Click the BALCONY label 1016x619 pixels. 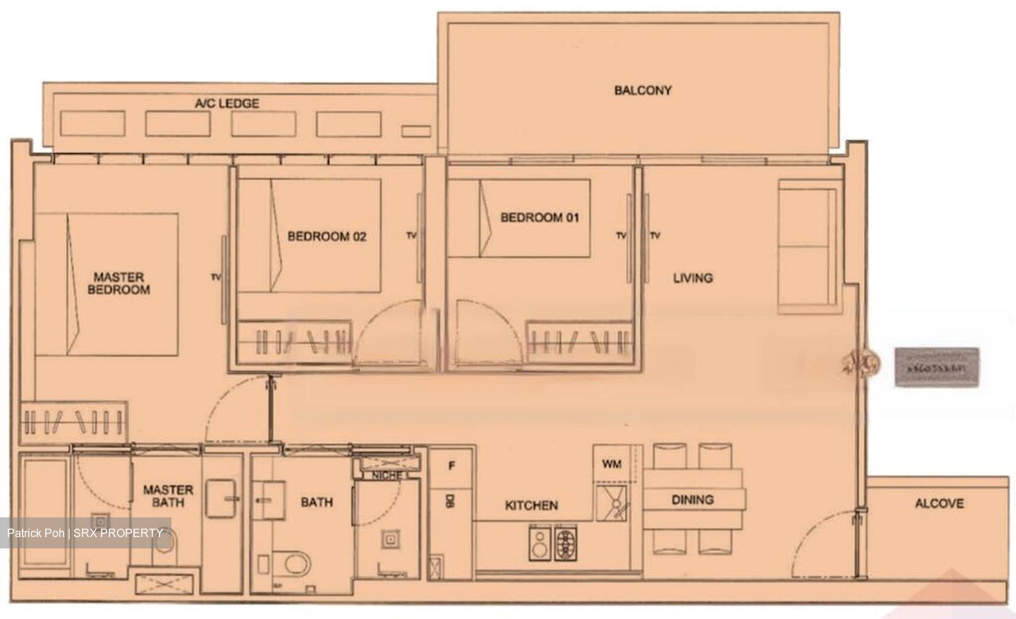(x=642, y=90)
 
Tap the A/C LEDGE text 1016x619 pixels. (x=226, y=104)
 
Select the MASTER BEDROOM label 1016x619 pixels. (x=119, y=283)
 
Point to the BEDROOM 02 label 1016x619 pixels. (x=327, y=236)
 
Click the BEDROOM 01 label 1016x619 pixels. (x=540, y=217)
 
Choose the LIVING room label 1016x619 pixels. (x=692, y=278)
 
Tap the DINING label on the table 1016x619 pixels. (x=692, y=500)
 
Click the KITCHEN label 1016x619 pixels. (x=531, y=505)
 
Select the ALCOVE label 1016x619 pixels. (x=939, y=503)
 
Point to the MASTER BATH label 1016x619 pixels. (x=168, y=495)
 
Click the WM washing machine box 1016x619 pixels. (x=612, y=464)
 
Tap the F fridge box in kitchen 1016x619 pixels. (x=452, y=466)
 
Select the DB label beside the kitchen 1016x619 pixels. (x=449, y=502)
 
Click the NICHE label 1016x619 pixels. (x=387, y=476)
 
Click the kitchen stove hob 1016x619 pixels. (x=566, y=544)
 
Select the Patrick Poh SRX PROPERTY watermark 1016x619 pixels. (x=85, y=533)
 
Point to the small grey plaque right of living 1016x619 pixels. (x=936, y=368)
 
